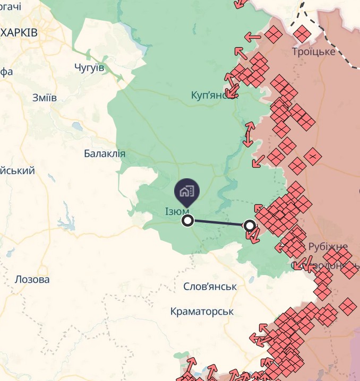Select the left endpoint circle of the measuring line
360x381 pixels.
[187, 220]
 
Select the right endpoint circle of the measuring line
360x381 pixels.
[250, 226]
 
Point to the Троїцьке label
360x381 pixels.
[314, 51]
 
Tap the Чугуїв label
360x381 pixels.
[89, 67]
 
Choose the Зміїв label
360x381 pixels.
[45, 98]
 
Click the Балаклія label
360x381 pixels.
[105, 154]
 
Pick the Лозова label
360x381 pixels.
[32, 279]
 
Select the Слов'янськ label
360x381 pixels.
[210, 287]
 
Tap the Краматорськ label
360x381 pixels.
[202, 311]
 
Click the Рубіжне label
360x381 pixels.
[327, 247]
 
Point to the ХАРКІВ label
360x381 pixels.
[19, 33]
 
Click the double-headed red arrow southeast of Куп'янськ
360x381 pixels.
[248, 134]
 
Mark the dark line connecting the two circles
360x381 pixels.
[218, 223]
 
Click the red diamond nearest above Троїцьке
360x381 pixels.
[302, 33]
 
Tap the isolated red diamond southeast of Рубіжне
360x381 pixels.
[348, 307]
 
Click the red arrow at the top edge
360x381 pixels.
[241, 3]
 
